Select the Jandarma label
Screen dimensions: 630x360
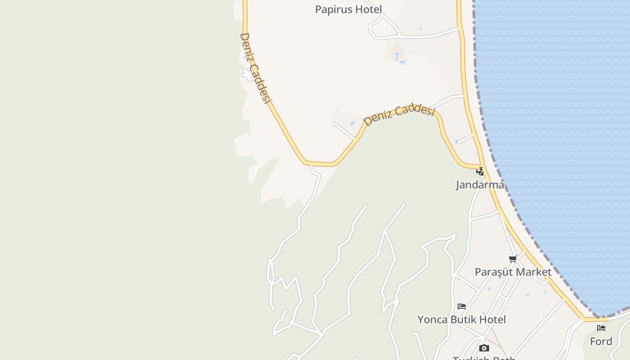[x=480, y=184]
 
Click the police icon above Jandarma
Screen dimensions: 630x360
[x=480, y=171]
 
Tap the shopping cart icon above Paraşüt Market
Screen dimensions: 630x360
[x=513, y=259]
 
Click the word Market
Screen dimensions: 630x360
[x=534, y=272]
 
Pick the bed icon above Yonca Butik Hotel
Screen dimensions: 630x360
[x=461, y=306]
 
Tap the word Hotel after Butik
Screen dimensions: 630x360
[x=494, y=319]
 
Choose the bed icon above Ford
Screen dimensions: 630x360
[x=601, y=328]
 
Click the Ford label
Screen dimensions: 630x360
[x=601, y=342]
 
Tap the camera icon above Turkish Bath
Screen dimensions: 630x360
[x=484, y=348]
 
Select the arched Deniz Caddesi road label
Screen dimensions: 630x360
[x=399, y=114]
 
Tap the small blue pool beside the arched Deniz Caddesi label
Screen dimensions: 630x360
[x=352, y=123]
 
